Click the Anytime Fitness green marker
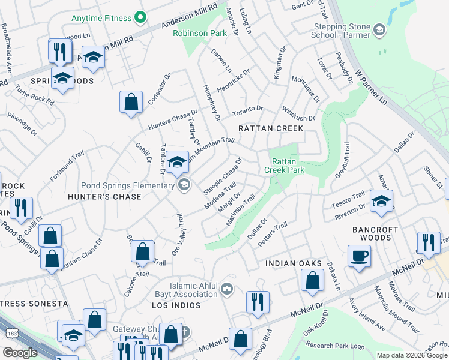[x=141, y=17]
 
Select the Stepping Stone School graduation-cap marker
[x=379, y=29]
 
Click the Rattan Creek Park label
[x=288, y=166]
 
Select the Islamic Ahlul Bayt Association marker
[x=226, y=290]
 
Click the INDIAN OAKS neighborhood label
[x=289, y=263]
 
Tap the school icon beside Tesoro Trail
[x=381, y=201]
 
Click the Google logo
[x=20, y=353]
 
